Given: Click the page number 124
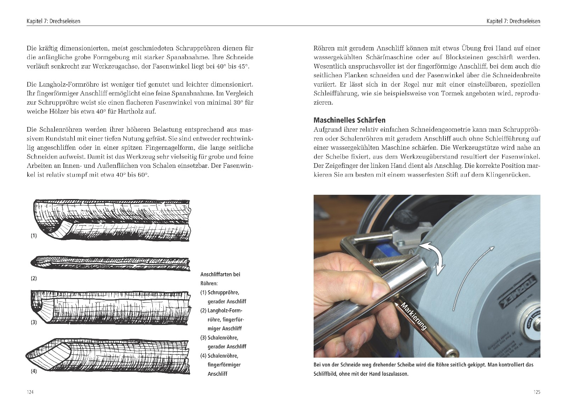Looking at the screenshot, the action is coord(30,392).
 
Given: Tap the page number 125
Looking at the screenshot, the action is coord(537,392).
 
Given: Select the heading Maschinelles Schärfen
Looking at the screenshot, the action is coord(349,120).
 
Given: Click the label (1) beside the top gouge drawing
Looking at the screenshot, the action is coord(34,236).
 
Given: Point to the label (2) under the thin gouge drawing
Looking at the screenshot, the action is coord(34,278).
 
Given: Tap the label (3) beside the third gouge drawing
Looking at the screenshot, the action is coord(34,322).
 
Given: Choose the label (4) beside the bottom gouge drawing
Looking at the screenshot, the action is coord(34,371).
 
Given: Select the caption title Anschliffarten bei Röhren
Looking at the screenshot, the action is coord(220,279).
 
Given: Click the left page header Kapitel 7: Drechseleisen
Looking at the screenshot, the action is coord(54,21).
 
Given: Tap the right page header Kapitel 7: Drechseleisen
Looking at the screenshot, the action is coord(513,21).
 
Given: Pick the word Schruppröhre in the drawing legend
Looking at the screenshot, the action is coord(223,292).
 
